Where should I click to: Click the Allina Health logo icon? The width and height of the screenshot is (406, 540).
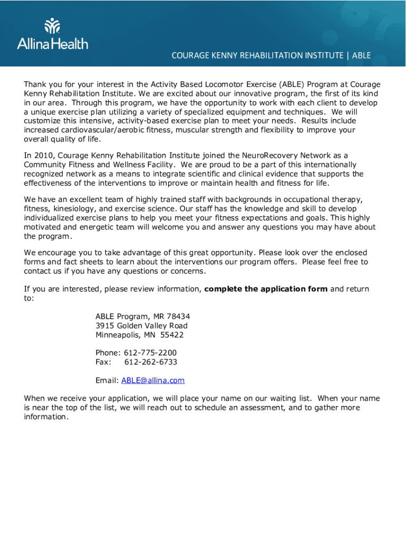(53, 26)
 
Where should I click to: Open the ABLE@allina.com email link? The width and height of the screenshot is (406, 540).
(153, 381)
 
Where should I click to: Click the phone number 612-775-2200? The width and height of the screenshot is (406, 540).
(150, 353)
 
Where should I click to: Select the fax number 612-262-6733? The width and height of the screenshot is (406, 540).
(150, 362)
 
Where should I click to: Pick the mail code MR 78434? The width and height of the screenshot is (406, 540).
(172, 316)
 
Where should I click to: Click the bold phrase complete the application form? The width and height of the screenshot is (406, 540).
(266, 289)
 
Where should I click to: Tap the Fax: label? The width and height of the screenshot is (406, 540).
(104, 362)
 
